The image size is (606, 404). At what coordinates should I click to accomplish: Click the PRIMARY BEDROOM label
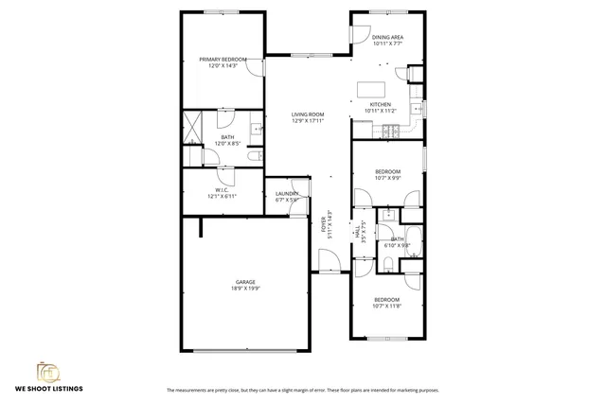tap(223, 60)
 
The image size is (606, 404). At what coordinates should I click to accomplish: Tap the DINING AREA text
tap(387, 38)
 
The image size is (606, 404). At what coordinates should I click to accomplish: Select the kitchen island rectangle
tap(371, 89)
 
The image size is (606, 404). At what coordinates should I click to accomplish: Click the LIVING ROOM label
tap(308, 114)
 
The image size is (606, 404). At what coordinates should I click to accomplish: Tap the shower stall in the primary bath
tap(193, 127)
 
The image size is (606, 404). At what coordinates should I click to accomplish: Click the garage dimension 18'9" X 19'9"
tap(247, 288)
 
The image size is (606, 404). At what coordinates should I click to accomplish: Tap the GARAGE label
tap(247, 281)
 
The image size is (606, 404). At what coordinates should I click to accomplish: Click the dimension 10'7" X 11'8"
tap(386, 306)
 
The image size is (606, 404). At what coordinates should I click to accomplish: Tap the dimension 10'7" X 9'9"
tap(386, 177)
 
